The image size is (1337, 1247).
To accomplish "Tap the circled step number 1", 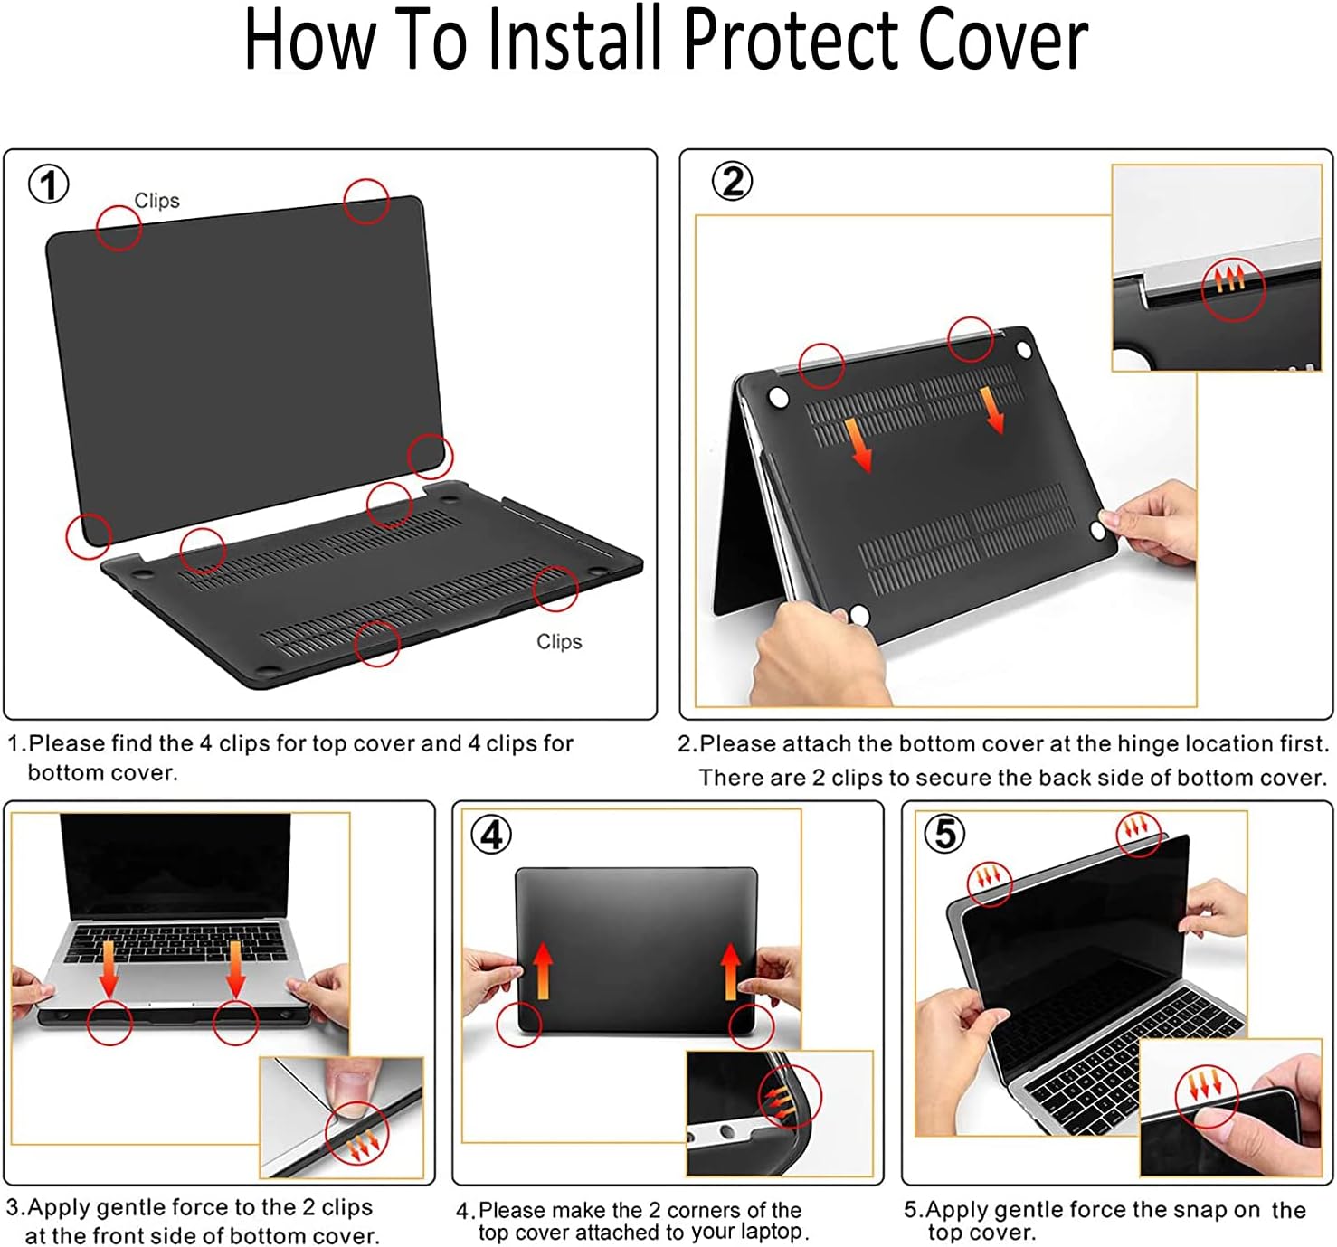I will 49,185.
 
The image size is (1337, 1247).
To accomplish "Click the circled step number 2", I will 732,182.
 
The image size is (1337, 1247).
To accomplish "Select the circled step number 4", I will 491,834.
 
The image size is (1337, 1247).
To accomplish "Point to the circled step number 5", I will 944,833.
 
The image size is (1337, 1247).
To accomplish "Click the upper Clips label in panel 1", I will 156,201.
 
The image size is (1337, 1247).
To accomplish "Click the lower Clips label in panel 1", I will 559,641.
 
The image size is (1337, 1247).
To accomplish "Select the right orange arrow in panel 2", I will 992,411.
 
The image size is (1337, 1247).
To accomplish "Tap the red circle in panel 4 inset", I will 790,1097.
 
